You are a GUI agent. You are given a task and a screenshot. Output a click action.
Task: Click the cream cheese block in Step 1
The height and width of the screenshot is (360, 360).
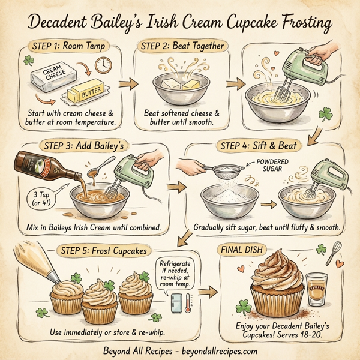(52, 77)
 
